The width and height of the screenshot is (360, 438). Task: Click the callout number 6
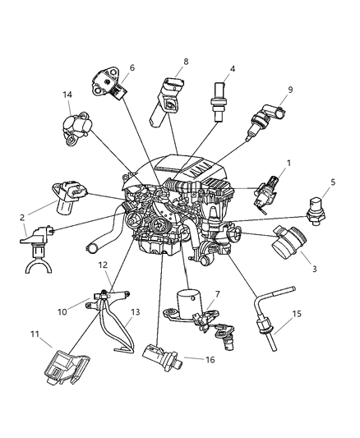tap(132, 67)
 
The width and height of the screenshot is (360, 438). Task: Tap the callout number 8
tap(186, 61)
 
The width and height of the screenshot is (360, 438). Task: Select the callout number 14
tap(67, 95)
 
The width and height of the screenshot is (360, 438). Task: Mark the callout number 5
tap(333, 182)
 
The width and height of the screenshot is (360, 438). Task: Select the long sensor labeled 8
tap(168, 101)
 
